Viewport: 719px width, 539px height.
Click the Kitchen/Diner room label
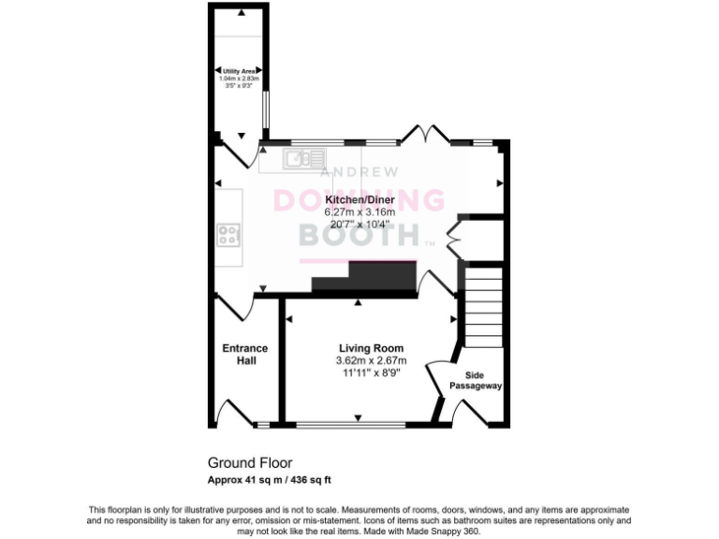359,200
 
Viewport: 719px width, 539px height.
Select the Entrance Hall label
244,355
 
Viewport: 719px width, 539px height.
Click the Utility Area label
239,71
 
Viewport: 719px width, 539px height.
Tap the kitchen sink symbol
300,159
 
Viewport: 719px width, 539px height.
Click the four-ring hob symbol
229,235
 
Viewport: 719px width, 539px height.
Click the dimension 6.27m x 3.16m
359,212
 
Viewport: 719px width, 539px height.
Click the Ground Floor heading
249,462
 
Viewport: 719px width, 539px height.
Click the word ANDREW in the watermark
359,173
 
